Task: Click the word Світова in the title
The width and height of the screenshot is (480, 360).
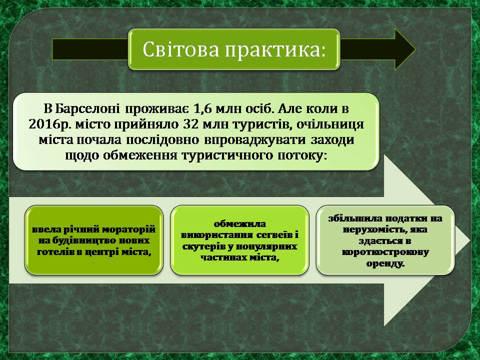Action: [x=181, y=49]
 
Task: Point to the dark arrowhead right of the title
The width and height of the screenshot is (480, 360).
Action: [x=405, y=49]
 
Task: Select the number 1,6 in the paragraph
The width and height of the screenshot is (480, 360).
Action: [x=203, y=109]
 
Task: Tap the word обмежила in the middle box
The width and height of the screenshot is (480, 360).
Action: [x=239, y=224]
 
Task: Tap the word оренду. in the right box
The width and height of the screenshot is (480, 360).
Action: [x=385, y=264]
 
